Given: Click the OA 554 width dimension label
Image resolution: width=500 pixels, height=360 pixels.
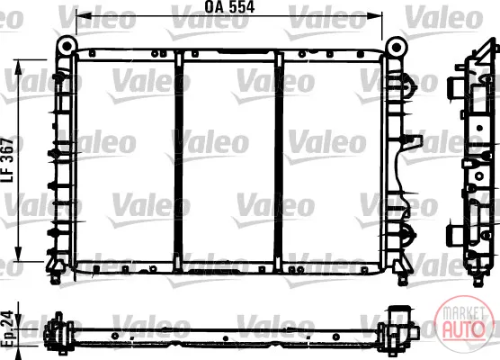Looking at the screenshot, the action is click(x=229, y=7).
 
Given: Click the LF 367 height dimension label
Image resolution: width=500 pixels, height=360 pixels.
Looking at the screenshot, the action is click(x=8, y=160).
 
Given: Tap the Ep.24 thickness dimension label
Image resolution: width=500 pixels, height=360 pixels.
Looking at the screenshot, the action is click(x=7, y=328).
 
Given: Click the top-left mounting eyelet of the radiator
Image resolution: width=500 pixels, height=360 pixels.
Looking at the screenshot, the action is click(x=67, y=46).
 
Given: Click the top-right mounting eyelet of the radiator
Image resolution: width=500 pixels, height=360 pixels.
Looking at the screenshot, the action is click(x=397, y=48).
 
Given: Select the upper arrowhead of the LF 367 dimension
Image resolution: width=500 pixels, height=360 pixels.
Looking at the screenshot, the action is click(x=19, y=67).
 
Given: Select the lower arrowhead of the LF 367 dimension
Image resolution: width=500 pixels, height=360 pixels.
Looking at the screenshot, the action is click(x=19, y=254).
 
